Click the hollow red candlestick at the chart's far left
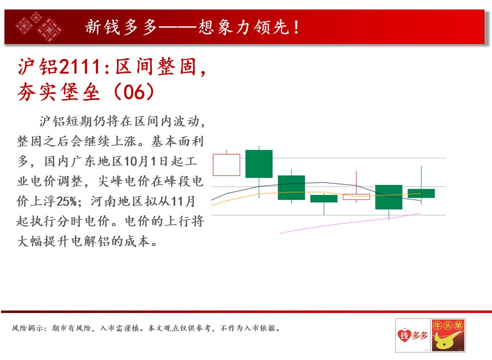pyautogui.click(x=213, y=165)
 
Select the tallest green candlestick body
pyautogui.click(x=259, y=164)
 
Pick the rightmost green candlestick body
pyautogui.click(x=421, y=193)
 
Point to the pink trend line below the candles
pyautogui.click(x=350, y=223)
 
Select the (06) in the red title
pyautogui.click(x=134, y=92)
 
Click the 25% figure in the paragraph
pyautogui.click(x=67, y=201)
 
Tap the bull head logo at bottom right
pyautogui.click(x=448, y=335)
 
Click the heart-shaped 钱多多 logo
pyautogui.click(x=412, y=335)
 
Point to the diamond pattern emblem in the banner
pyautogui.click(x=40, y=27)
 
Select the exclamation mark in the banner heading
pyautogui.click(x=296, y=27)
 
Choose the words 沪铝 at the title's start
pyautogui.click(x=38, y=67)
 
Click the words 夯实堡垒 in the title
pyautogui.click(x=59, y=92)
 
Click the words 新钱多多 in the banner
pyautogui.click(x=122, y=27)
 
